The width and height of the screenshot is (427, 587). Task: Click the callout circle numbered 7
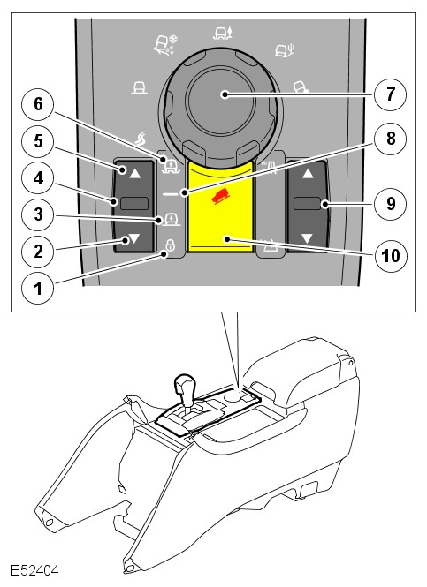point(390,94)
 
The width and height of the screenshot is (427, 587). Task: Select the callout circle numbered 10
point(390,256)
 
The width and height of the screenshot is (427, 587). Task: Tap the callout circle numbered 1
point(38,289)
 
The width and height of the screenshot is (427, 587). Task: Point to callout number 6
point(38,104)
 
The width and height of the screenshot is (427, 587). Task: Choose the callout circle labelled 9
point(390,204)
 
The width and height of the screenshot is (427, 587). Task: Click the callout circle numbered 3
point(38,214)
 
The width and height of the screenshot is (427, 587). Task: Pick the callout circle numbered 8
point(390,139)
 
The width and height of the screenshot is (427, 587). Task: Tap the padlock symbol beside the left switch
point(171,245)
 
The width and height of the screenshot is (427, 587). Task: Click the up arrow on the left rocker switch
point(135,173)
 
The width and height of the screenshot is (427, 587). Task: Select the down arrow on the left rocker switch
point(134,238)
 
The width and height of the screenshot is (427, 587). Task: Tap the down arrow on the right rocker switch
point(307,238)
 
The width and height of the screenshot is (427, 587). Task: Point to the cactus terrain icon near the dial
point(285,49)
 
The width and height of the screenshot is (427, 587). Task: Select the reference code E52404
point(34,571)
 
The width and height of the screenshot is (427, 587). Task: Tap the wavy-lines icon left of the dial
point(141,139)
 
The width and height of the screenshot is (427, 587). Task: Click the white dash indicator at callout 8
point(171,194)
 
